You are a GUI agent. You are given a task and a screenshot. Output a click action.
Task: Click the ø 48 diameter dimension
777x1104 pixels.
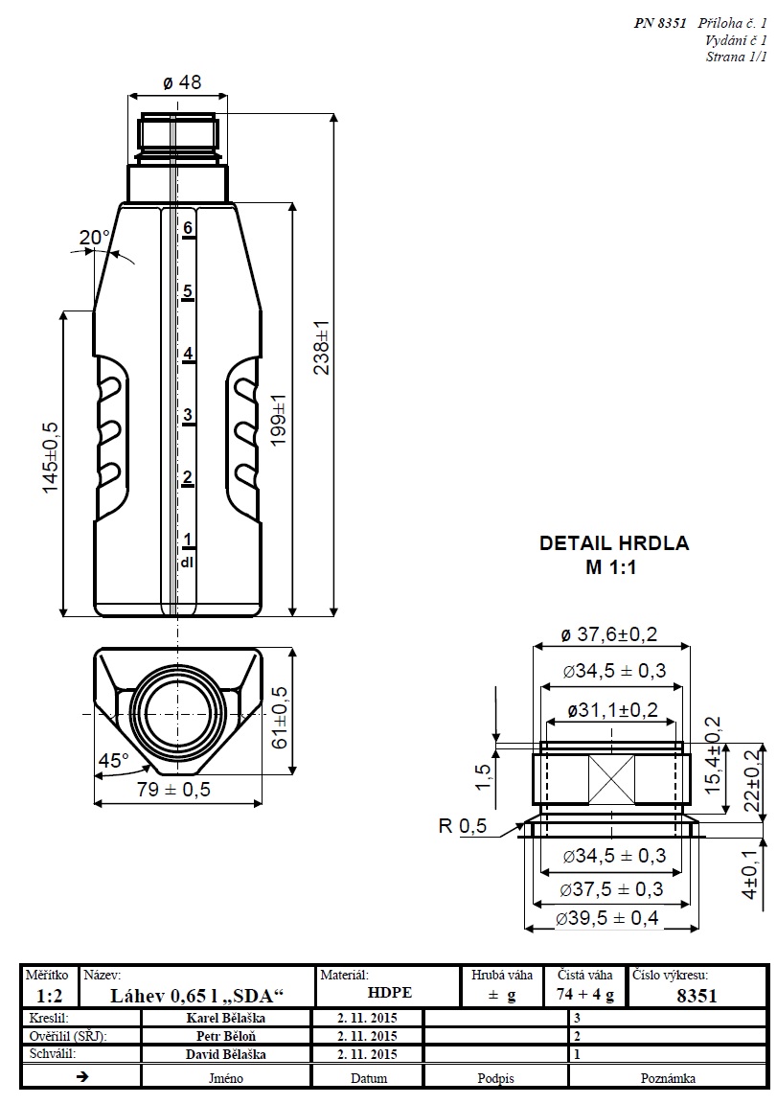pyautogui.click(x=182, y=82)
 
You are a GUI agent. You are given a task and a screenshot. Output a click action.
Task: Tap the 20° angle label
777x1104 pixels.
pyautogui.click(x=95, y=237)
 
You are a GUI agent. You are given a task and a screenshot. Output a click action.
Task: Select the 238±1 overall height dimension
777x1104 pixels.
pyautogui.click(x=323, y=347)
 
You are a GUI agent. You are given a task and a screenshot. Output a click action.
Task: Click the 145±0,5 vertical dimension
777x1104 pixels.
pyautogui.click(x=51, y=458)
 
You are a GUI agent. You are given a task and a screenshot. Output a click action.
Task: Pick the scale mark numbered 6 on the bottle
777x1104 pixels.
pyautogui.click(x=189, y=228)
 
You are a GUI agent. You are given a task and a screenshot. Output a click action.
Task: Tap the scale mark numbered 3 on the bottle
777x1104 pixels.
pyautogui.click(x=189, y=415)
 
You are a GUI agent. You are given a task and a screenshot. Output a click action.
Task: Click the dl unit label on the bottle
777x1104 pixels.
pyautogui.click(x=188, y=562)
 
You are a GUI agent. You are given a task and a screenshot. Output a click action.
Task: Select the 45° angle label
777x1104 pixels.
pyautogui.click(x=113, y=761)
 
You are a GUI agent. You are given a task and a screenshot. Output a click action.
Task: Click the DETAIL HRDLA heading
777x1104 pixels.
pyautogui.click(x=614, y=543)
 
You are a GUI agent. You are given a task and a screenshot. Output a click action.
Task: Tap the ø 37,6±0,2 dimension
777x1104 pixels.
pyautogui.click(x=610, y=633)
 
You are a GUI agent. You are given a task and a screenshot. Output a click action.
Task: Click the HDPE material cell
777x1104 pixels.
pyautogui.click(x=389, y=994)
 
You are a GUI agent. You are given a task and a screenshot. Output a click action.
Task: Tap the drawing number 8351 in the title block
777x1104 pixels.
pyautogui.click(x=696, y=995)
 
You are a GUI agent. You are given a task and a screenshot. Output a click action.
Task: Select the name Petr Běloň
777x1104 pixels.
pyautogui.click(x=227, y=1036)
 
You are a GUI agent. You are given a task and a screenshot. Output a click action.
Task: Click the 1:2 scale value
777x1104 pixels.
pyautogui.click(x=50, y=995)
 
